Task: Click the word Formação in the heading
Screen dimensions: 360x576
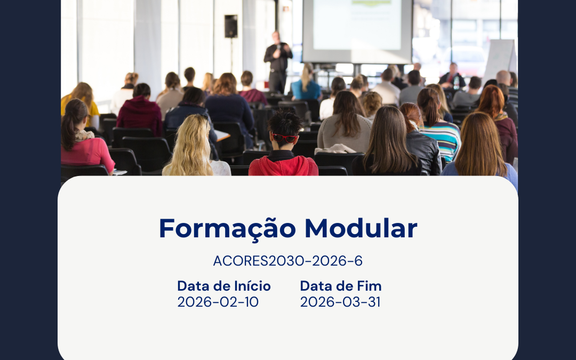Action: click(227, 228)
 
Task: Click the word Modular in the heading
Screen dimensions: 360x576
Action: click(361, 228)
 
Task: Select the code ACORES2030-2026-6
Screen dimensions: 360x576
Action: click(287, 261)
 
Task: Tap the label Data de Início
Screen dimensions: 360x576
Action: click(223, 286)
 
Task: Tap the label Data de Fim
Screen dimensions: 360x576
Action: click(340, 286)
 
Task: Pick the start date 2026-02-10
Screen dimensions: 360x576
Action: click(218, 302)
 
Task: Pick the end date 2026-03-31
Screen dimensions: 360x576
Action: click(340, 302)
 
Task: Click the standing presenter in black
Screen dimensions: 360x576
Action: click(278, 61)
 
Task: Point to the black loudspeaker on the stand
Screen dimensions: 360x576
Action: click(230, 26)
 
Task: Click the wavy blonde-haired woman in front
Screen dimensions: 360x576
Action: click(193, 147)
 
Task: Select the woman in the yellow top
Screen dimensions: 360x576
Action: click(80, 101)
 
